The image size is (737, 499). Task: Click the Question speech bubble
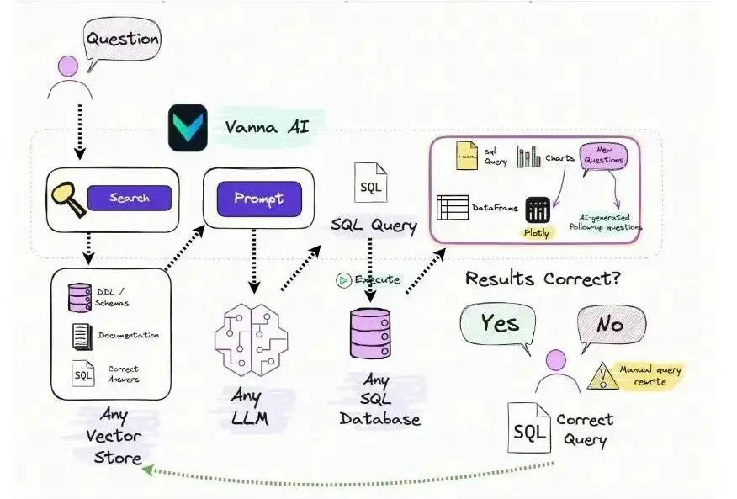click(x=122, y=39)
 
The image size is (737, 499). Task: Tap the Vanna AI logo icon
click(x=188, y=127)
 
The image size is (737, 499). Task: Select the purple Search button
click(x=129, y=199)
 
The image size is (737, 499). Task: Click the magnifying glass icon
click(x=66, y=199)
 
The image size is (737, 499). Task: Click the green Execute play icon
click(x=343, y=280)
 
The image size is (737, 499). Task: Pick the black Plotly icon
click(x=537, y=210)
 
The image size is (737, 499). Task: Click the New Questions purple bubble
click(x=602, y=156)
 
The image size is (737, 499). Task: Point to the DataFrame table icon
click(x=453, y=208)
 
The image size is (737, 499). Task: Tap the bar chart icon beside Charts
click(x=529, y=157)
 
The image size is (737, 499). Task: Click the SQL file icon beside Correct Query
click(x=529, y=427)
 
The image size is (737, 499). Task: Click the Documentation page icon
click(x=82, y=337)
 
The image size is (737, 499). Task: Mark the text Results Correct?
click(x=543, y=279)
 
